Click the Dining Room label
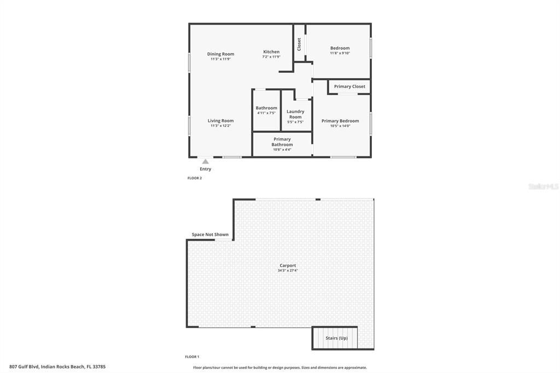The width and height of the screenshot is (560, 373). coord(220,54)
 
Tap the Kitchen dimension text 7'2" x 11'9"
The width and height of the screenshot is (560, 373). coord(271,57)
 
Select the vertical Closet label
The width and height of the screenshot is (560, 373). coord(299,44)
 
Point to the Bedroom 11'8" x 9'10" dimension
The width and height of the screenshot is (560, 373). coord(340,53)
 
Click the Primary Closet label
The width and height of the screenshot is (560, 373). coord(349,86)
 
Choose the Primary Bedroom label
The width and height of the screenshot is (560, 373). coord(340,121)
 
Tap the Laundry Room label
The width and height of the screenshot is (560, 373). coord(295,114)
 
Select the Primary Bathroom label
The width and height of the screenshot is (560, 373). coord(282,142)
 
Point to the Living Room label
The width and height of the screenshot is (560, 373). coord(220,121)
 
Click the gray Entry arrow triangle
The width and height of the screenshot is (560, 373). coord(205,161)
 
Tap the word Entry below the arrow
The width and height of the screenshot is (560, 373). coord(205,169)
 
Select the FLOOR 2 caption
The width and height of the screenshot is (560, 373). coord(195,178)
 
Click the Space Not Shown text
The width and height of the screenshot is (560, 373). coord(210,235)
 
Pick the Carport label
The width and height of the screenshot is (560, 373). coord(288,265)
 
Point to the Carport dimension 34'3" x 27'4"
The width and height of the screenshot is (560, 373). coord(288,270)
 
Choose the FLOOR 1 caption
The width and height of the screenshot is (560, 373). coord(192,357)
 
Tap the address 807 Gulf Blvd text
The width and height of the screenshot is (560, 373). coord(57,366)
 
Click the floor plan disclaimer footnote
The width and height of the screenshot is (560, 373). coord(280,368)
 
